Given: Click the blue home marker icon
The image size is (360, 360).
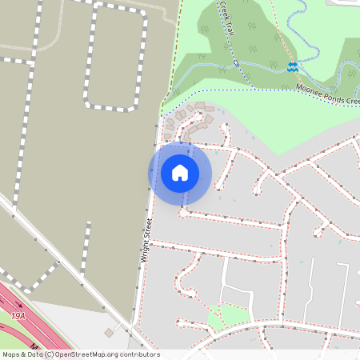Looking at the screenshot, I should tap(180, 173).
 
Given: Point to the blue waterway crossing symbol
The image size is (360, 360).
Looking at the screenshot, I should tap(293, 67).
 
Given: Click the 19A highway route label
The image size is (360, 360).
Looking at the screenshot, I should tap(18, 317).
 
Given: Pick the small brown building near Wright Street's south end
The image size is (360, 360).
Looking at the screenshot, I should tap(109, 332).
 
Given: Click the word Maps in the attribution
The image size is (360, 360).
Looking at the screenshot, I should tap(11, 354).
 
